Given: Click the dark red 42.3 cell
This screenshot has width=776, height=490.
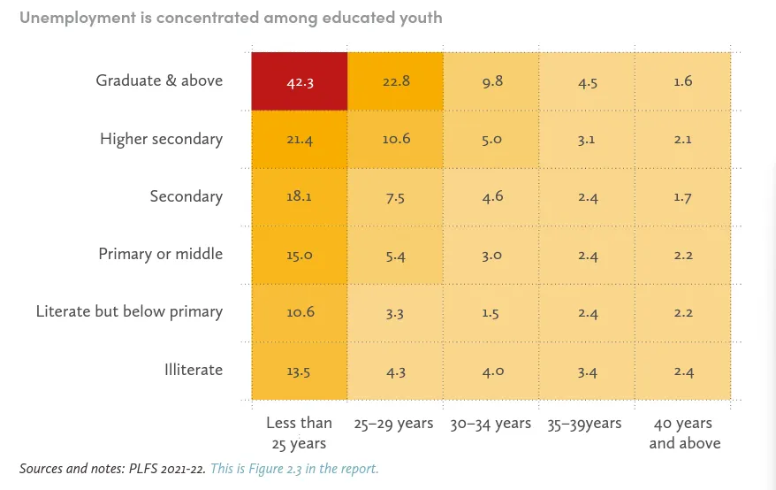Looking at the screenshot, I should [x=299, y=81].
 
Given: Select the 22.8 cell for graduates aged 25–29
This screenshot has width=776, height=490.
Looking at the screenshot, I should [x=395, y=81].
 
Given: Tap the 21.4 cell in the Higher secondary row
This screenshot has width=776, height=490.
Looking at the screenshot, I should [x=299, y=139].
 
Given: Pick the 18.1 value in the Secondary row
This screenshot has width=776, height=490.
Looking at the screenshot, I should [x=299, y=196].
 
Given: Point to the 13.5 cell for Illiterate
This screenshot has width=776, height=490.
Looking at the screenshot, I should [x=299, y=371].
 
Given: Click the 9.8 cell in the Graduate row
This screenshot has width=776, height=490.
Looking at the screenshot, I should [x=491, y=81].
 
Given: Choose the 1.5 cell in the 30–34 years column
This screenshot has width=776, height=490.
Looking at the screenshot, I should [x=491, y=312].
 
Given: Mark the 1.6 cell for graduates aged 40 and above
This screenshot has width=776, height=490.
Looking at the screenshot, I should [x=682, y=81].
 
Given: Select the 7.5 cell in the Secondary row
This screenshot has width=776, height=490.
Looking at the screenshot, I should [x=395, y=196].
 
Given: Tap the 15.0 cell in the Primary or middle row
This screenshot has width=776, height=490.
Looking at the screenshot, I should [x=299, y=255].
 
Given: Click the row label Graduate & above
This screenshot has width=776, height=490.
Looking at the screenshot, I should [x=159, y=80].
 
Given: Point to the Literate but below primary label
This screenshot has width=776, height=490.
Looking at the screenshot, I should [x=129, y=311].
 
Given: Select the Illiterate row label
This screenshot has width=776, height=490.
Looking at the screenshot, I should [x=193, y=370].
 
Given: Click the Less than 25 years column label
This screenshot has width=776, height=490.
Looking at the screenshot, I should [x=299, y=433].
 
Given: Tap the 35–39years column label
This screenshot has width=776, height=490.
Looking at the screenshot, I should [x=584, y=424].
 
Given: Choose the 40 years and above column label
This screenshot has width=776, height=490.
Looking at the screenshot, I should [x=684, y=433].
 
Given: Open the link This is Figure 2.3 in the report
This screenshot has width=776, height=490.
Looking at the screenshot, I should [x=294, y=469].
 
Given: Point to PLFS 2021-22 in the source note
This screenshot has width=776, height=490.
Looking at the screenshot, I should [x=164, y=469].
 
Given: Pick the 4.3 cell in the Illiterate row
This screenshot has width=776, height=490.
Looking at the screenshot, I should [x=395, y=371].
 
